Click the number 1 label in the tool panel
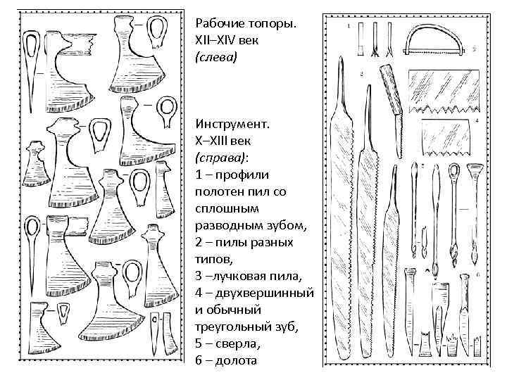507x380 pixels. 350,25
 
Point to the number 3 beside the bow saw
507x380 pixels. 474,49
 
